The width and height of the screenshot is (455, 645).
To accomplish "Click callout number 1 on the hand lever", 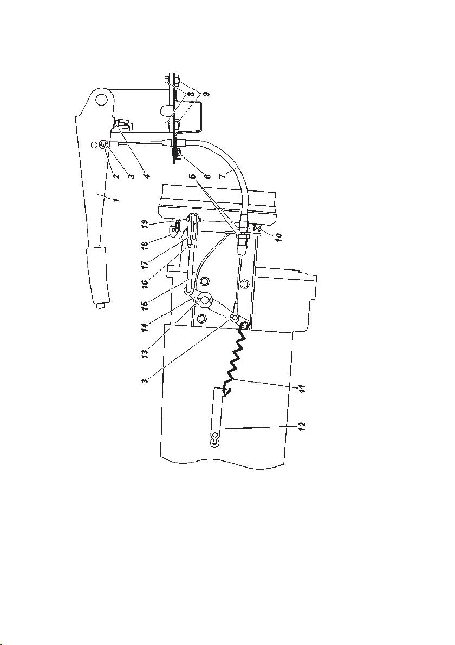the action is (x=116, y=200).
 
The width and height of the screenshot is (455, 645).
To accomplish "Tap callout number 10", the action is (x=278, y=238).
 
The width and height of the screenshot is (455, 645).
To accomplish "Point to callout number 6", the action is (x=207, y=176).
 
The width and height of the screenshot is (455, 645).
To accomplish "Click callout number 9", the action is (x=207, y=94).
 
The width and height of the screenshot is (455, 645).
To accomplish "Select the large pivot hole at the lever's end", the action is (x=100, y=99).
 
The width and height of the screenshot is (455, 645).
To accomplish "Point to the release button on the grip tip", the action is (x=99, y=306).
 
